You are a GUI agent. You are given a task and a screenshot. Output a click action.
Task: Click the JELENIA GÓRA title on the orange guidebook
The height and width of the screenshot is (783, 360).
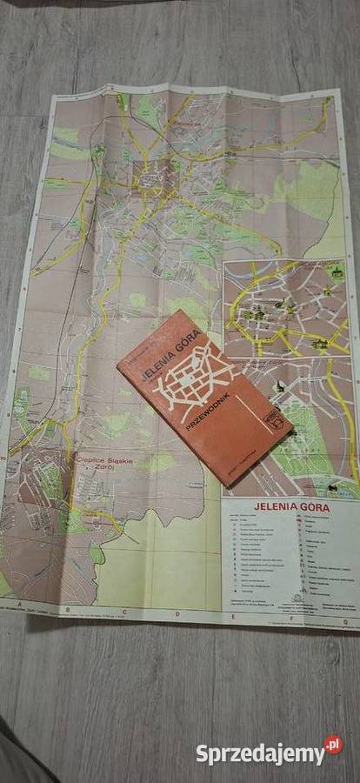click(x=170, y=358)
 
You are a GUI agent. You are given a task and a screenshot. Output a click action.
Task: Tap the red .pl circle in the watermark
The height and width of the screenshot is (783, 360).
click(x=333, y=745)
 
